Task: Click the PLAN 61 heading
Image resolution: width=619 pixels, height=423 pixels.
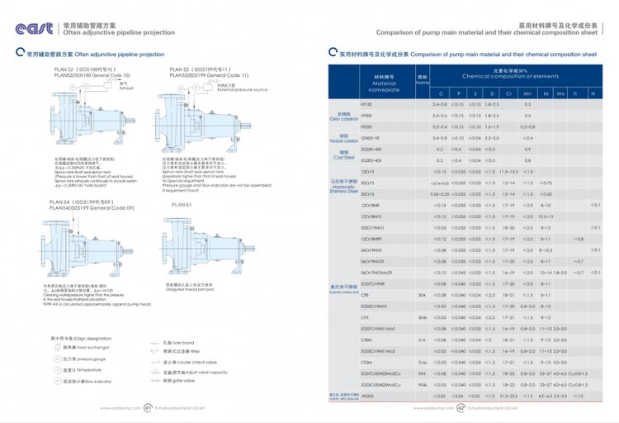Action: tap(181, 203)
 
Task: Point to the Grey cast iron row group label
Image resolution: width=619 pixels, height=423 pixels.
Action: tap(343, 116)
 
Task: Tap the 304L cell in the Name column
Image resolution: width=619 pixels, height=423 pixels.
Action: tap(422, 316)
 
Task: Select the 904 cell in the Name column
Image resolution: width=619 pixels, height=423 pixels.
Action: tap(422, 373)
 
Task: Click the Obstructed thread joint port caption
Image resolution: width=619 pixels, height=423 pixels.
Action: tap(191, 288)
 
